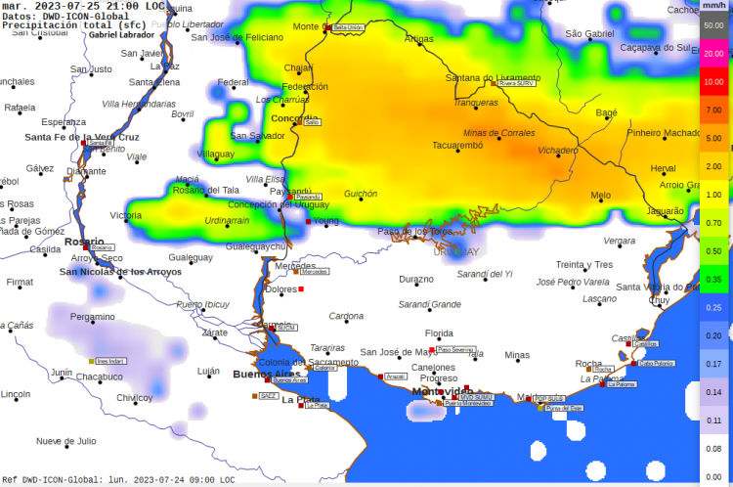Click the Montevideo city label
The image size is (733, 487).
[442, 391]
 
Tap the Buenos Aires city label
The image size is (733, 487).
[266, 374]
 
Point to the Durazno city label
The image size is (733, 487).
[415, 279]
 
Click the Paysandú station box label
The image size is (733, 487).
[307, 197]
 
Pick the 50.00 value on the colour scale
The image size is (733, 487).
[713, 23]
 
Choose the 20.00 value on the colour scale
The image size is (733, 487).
[713, 54]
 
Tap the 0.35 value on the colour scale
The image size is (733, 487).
[713, 280]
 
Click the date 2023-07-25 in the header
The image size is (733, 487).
[66, 6]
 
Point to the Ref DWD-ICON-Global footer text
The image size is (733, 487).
[49, 480]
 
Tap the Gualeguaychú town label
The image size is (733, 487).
[256, 246]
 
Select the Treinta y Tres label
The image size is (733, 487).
[583, 264]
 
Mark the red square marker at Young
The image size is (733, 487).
[309, 221]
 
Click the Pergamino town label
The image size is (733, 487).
[92, 317]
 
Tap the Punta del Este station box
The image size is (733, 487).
[563, 408]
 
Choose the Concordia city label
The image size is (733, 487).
[293, 118]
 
